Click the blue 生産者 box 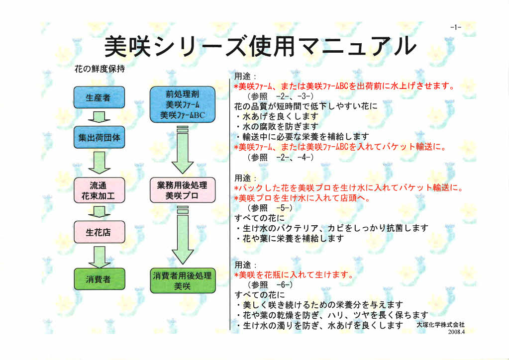point(99,97)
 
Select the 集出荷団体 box point(99,137)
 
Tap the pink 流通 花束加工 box point(99,190)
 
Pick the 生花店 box point(99,232)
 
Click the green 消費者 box point(99,279)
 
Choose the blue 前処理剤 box point(183,104)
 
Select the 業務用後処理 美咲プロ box point(183,190)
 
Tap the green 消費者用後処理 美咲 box point(183,280)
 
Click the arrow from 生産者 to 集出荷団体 point(99,117)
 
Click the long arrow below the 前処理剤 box point(183,150)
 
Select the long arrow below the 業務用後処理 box point(183,235)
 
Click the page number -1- point(456,27)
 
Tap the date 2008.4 point(456,332)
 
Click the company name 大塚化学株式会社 point(440,325)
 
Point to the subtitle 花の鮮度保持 point(100,69)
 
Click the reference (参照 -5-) point(270,207)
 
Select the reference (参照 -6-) point(270,285)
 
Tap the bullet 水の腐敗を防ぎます point(277,126)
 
